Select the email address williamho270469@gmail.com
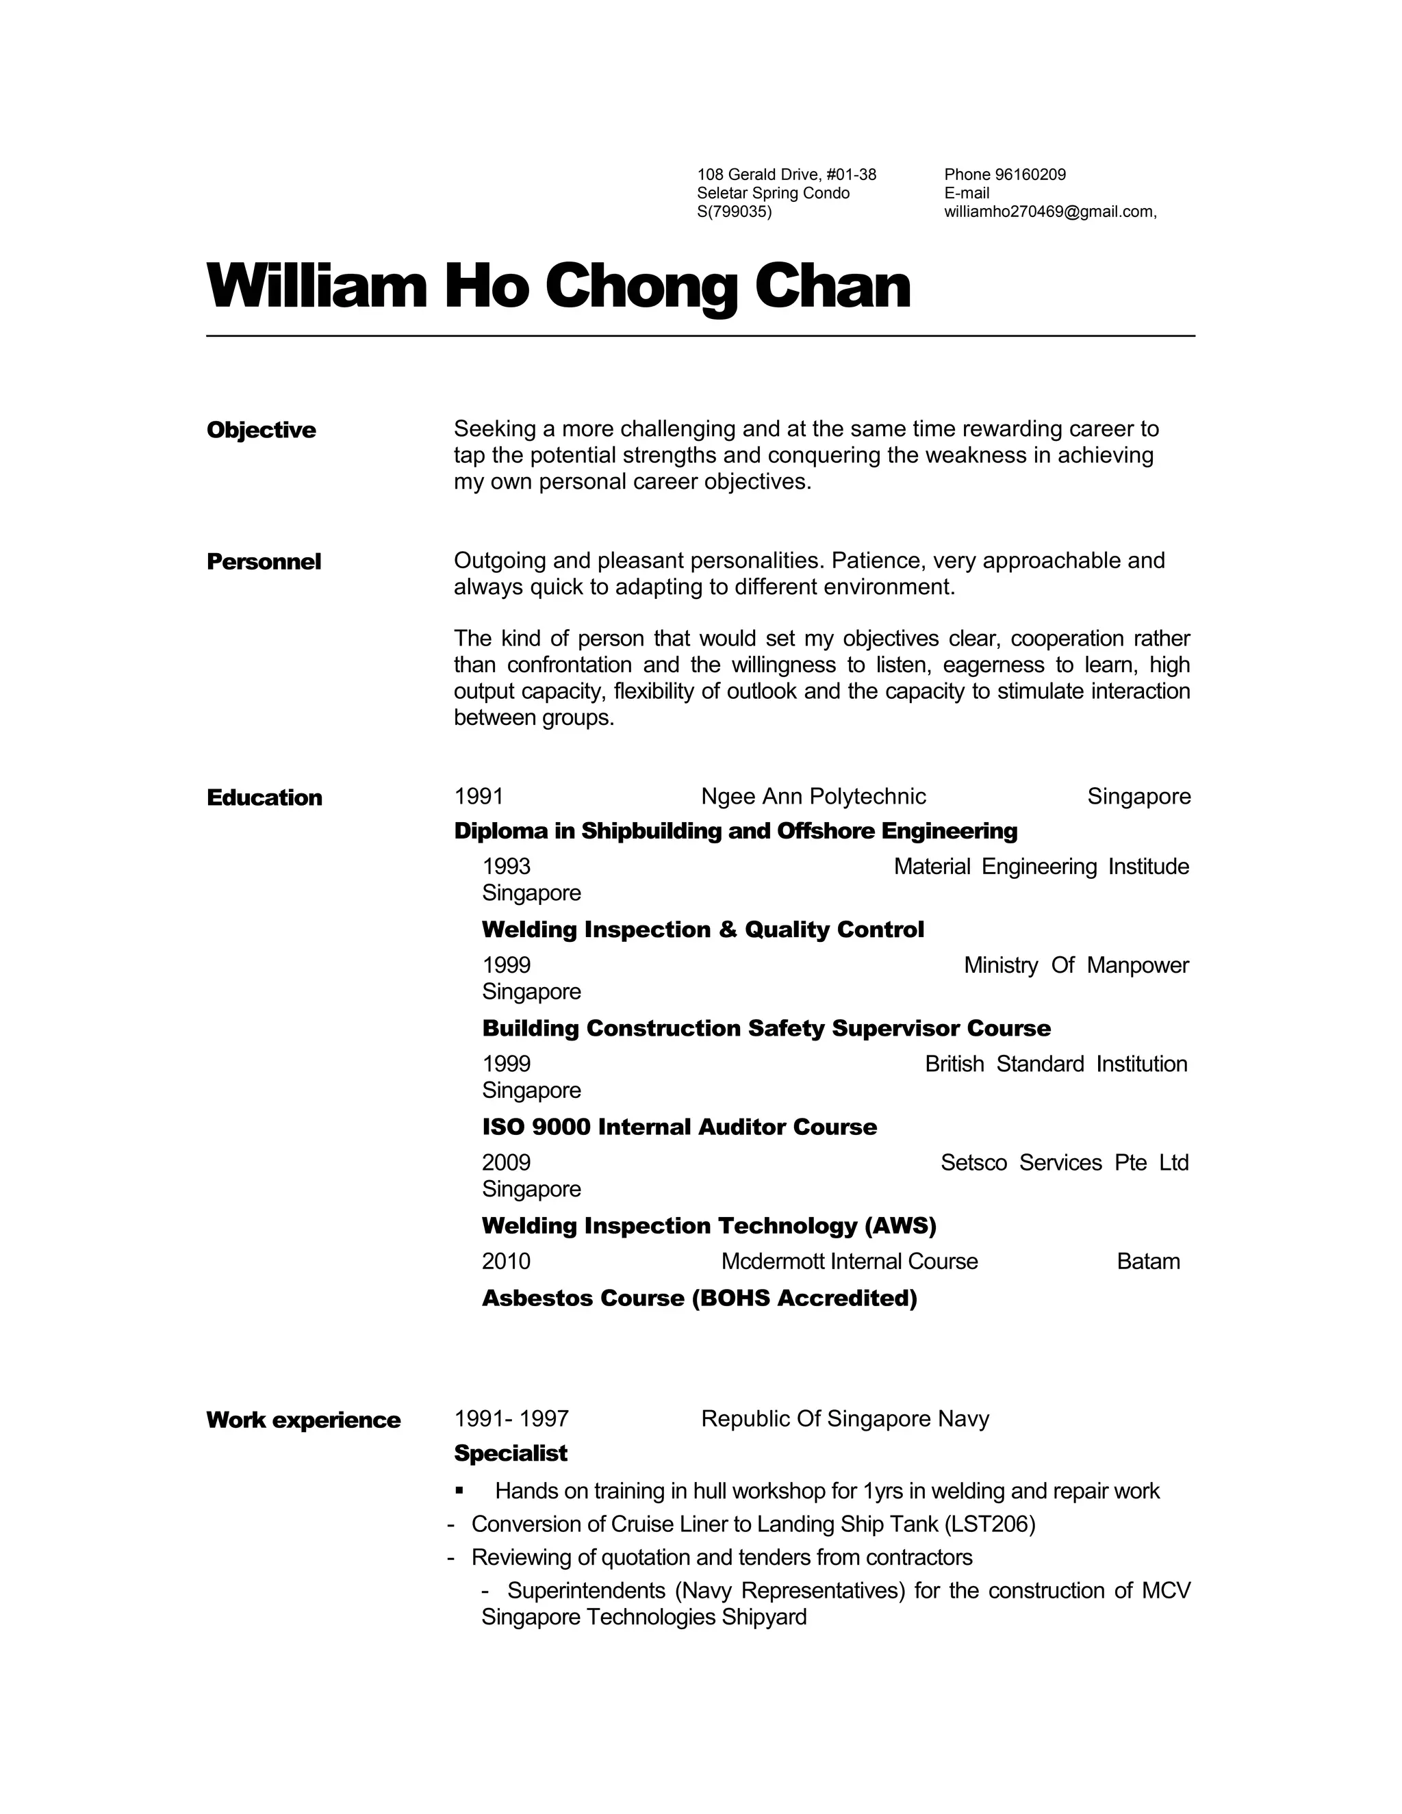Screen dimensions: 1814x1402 pyautogui.click(x=1049, y=212)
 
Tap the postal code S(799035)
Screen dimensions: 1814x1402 pyautogui.click(x=735, y=212)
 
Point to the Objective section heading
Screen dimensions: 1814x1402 pyautogui.click(x=262, y=431)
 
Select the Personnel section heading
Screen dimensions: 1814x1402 pyautogui.click(x=264, y=562)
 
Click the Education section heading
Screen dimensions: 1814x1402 pyautogui.click(x=264, y=798)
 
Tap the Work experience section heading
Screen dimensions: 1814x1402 pyautogui.click(x=303, y=1420)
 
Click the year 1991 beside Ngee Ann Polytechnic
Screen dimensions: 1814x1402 pyautogui.click(x=479, y=797)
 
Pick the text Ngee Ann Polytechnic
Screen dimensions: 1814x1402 pyautogui.click(x=813, y=797)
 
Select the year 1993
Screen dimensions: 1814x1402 pyautogui.click(x=506, y=867)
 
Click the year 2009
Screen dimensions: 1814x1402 pyautogui.click(x=506, y=1163)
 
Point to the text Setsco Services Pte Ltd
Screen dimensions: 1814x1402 pyautogui.click(x=1064, y=1163)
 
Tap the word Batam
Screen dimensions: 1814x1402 pyautogui.click(x=1148, y=1262)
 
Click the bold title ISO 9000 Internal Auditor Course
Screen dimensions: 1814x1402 pyautogui.click(x=679, y=1127)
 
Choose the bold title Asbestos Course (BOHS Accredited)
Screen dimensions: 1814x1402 pyautogui.click(x=700, y=1298)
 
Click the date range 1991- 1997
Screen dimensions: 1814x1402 pyautogui.click(x=511, y=1418)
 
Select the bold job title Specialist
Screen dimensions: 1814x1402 pyautogui.click(x=511, y=1453)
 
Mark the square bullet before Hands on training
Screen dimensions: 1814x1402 pyautogui.click(x=459, y=1492)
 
